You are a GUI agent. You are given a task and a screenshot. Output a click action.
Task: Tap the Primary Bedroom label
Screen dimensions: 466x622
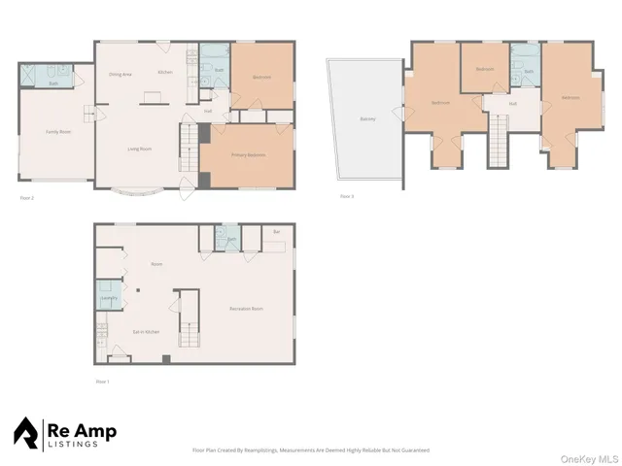(x=249, y=155)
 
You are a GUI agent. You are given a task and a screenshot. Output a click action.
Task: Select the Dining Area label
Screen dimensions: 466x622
(x=121, y=75)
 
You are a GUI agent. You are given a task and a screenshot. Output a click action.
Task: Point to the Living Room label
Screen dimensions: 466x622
(x=138, y=149)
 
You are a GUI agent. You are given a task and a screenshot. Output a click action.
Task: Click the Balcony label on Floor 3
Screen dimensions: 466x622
(x=367, y=119)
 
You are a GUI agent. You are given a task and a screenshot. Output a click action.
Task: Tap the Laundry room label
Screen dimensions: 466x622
(x=109, y=298)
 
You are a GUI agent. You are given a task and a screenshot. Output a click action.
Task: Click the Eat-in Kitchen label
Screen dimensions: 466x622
(x=146, y=333)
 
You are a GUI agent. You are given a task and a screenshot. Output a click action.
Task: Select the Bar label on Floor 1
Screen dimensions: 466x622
(x=277, y=233)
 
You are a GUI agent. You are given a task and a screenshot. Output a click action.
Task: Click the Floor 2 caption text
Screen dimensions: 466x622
(x=27, y=197)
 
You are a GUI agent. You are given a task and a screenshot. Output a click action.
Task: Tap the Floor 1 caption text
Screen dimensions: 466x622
(x=102, y=382)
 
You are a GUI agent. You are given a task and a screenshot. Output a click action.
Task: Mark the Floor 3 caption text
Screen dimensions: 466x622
(x=347, y=196)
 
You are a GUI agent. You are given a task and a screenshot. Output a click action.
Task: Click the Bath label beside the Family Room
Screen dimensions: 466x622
(x=53, y=83)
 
